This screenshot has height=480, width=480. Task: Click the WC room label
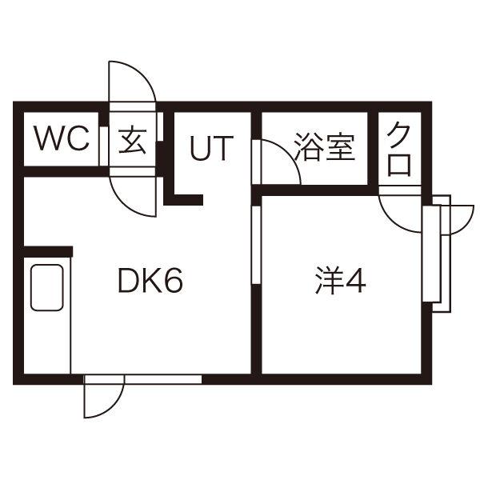pos(62,138)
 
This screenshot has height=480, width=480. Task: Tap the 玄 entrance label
pos(132,139)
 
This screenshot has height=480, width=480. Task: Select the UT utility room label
pos(212,148)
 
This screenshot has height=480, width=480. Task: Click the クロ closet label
pos(399,149)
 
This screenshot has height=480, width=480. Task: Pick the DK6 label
pos(150,280)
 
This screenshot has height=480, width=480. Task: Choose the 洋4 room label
pos(341,281)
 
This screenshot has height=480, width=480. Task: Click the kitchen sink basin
pos(47,287)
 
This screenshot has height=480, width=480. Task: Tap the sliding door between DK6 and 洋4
pos(256,246)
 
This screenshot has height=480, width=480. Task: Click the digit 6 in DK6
pos(174,280)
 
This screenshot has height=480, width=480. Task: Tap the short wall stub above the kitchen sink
pos(48,251)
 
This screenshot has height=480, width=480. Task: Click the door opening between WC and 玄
pos(104,146)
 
